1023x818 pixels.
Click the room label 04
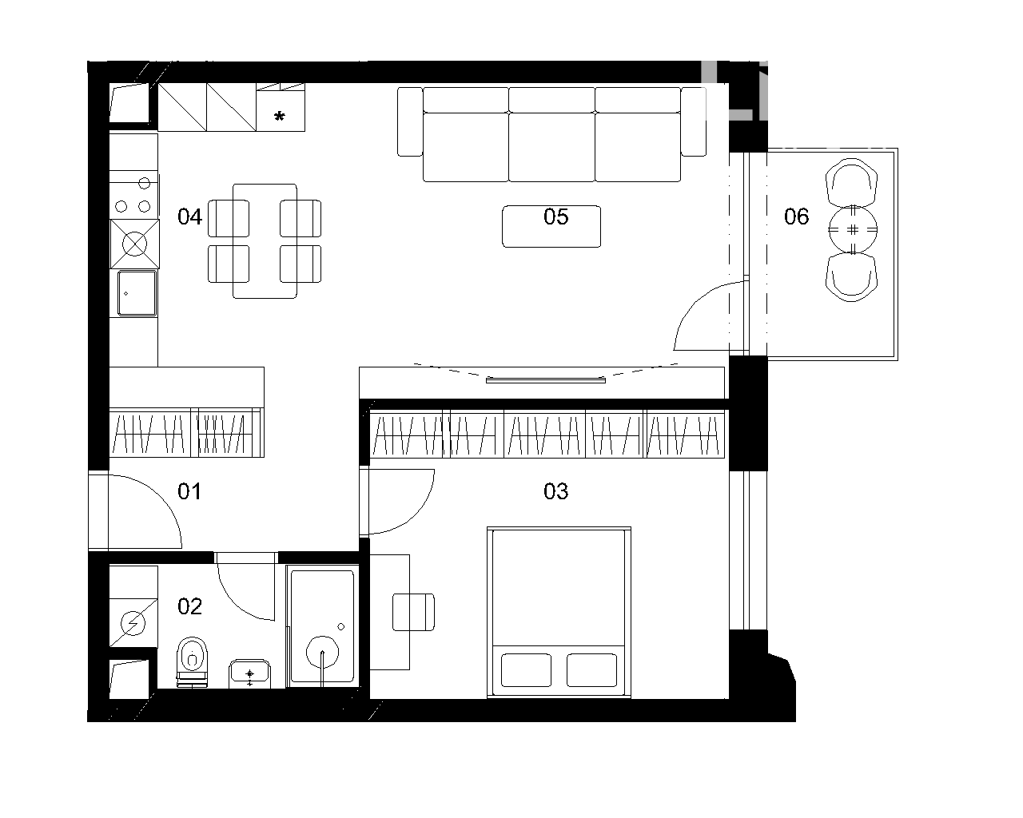[189, 216]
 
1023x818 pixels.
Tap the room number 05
[555, 216]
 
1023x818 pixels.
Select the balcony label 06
[796, 216]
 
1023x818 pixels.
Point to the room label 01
[189, 491]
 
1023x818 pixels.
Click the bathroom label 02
[189, 606]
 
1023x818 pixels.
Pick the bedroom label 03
[555, 491]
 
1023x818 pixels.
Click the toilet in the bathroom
[193, 661]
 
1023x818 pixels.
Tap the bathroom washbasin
[249, 673]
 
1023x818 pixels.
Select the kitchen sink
[137, 293]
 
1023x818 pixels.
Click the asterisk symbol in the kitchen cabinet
[280, 117]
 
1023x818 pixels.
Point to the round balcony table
[853, 230]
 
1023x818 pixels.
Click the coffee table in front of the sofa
[551, 226]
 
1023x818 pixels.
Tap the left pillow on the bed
[526, 670]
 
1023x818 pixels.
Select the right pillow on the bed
[592, 670]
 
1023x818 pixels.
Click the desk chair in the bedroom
[413, 612]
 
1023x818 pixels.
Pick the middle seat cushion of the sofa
[552, 147]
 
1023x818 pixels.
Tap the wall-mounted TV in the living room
[546, 380]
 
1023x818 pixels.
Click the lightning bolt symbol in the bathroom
[133, 622]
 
